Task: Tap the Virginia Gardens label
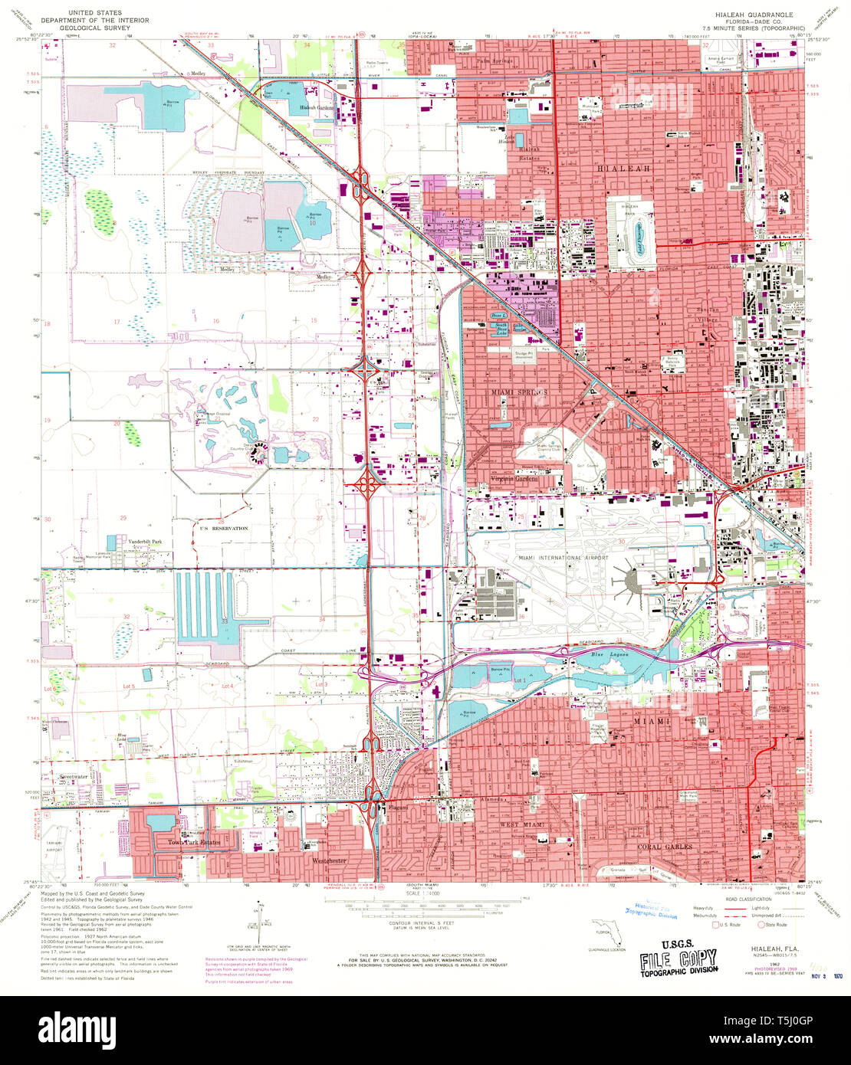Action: (514, 479)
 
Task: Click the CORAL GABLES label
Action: (665, 847)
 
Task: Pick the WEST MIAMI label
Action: (522, 823)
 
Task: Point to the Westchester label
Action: (329, 860)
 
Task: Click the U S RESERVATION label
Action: (224, 529)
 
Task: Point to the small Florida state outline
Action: (605, 933)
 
